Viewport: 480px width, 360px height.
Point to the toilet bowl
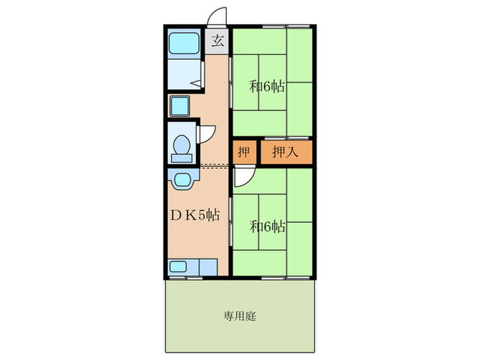(182, 145)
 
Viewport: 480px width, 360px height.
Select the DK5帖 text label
(195, 215)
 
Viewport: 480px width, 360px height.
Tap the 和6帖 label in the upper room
(267, 87)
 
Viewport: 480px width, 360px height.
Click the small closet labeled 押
(244, 152)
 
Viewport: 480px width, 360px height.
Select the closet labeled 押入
(285, 152)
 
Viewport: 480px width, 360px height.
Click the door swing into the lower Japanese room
(241, 178)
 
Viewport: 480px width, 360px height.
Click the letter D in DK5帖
(176, 215)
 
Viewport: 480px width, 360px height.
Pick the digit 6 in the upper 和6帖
(267, 87)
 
